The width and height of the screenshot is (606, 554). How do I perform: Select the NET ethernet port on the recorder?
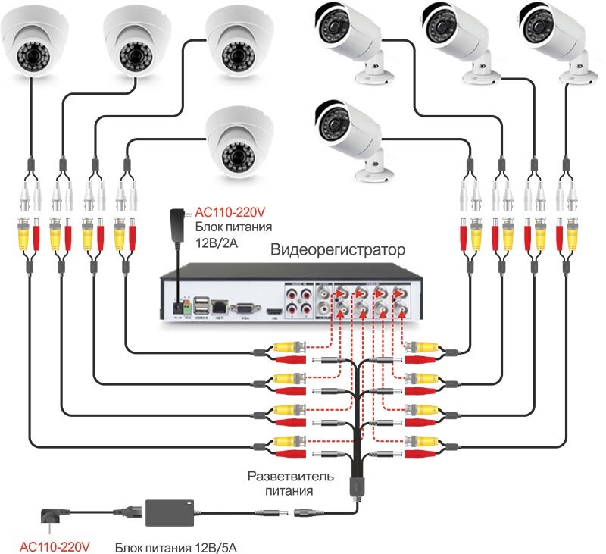(220, 306)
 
